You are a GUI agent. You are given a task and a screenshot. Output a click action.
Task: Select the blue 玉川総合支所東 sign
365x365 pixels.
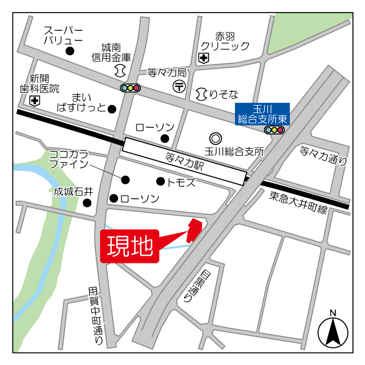pos(263,114)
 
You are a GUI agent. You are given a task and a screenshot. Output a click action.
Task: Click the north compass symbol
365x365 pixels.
pos(332,331)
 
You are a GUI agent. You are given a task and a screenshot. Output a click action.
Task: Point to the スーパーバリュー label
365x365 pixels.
pos(63,35)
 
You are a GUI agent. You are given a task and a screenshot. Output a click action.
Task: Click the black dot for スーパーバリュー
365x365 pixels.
pos(70,51)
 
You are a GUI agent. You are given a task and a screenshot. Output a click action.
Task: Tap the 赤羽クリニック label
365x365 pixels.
pos(225,40)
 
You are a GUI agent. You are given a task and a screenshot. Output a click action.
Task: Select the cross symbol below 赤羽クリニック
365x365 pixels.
pos(204,58)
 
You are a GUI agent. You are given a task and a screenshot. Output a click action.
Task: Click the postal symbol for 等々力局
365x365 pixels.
pos(179,86)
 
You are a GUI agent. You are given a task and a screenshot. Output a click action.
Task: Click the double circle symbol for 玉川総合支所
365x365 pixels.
pos(215,138)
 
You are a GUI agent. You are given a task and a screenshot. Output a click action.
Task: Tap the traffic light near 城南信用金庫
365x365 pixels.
pos(131,88)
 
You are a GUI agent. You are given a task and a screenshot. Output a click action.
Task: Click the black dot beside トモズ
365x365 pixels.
pos(160,181)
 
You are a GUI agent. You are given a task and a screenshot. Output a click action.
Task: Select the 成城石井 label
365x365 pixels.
pos(74,192)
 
